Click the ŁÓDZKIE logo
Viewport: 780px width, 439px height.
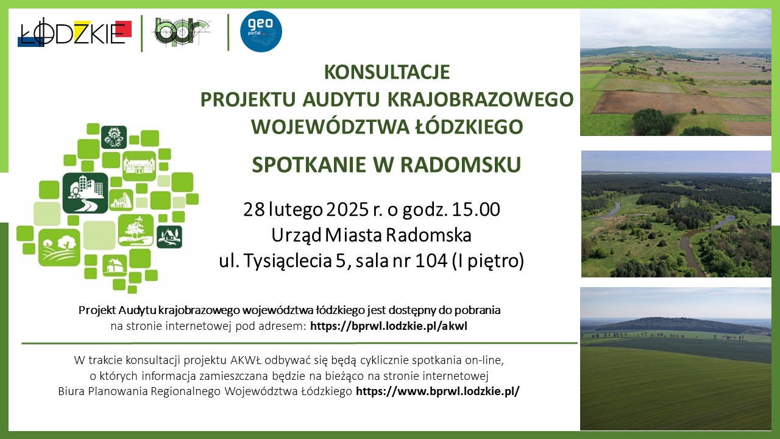[x=74, y=32]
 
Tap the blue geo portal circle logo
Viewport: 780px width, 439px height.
[x=261, y=31]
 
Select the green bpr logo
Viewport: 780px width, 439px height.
[x=181, y=31]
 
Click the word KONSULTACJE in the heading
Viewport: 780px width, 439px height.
[x=387, y=72]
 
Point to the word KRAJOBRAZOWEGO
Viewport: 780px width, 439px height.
[x=480, y=99]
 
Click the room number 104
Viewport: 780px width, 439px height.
[x=431, y=260]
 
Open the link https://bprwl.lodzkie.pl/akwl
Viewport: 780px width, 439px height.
[x=389, y=326]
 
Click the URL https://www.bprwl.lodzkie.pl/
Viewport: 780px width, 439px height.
[x=438, y=391]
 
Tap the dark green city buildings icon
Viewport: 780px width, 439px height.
[x=85, y=193]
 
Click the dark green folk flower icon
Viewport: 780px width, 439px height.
[x=114, y=137]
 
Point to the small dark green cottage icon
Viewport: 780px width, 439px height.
[x=169, y=237]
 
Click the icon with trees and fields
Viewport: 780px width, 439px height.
[x=59, y=248]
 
